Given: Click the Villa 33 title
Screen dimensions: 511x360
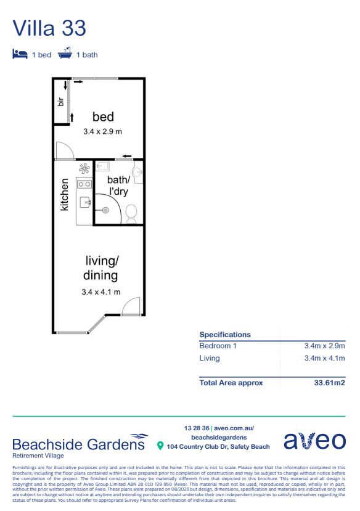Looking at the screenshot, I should tap(49, 28).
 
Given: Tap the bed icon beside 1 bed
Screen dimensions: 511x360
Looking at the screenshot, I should tap(20, 54).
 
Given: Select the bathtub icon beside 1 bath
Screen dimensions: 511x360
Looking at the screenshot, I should tap(65, 54).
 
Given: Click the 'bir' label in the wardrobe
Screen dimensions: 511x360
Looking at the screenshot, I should tap(61, 102).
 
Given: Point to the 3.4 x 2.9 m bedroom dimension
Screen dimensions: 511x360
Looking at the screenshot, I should tap(103, 131).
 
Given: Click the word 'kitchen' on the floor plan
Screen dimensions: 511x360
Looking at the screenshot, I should tap(64, 195).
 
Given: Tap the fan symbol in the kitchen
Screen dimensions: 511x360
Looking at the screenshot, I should tap(84, 168).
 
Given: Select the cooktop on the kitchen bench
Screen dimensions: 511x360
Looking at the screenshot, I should tap(84, 183).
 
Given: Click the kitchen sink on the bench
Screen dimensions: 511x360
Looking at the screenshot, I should tap(84, 202).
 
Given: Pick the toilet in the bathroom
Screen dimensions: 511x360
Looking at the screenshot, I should tap(131, 213).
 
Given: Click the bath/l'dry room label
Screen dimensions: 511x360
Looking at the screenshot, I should tap(118, 186).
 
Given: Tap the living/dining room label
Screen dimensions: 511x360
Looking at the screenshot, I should tap(100, 268).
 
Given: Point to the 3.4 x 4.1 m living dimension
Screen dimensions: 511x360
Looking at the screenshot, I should tap(100, 292).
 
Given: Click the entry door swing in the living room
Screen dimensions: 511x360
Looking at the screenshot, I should tap(131, 306).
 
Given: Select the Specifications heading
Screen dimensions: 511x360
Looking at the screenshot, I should tap(225, 335).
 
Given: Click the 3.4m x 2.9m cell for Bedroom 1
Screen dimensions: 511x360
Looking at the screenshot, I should tap(324, 346).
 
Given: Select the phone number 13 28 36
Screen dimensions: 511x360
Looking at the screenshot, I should tap(196, 428).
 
